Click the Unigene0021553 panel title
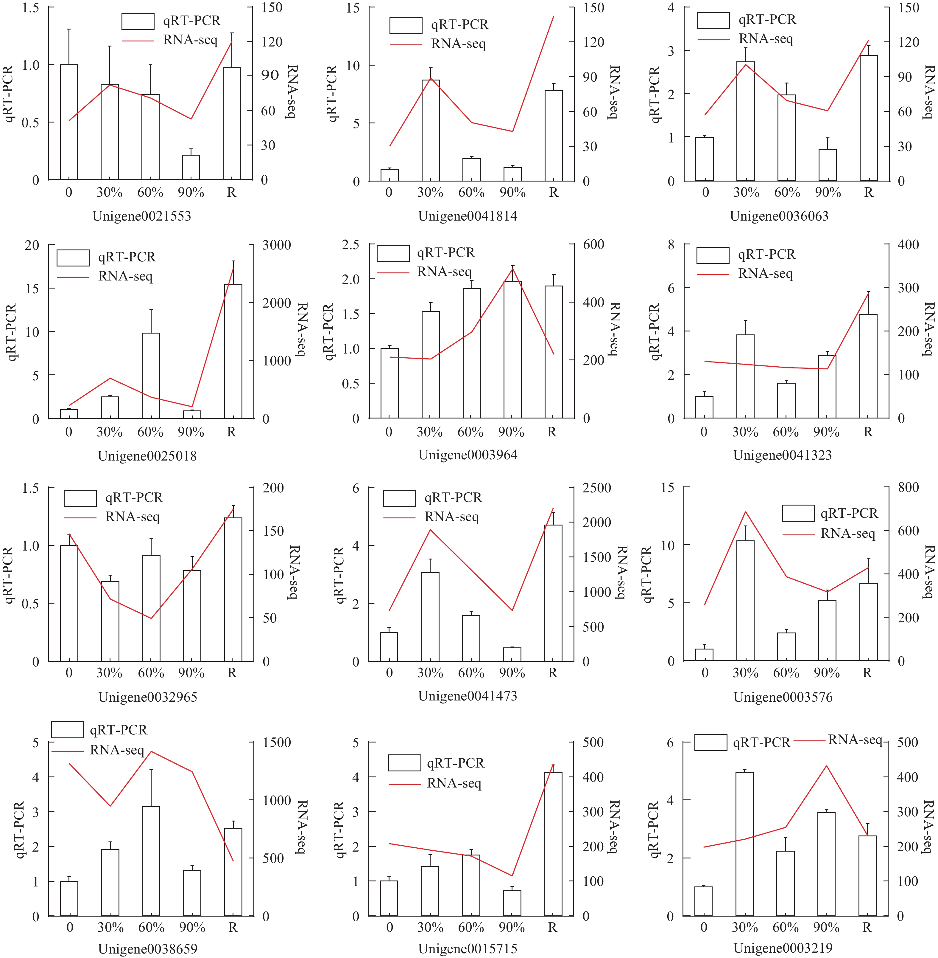[x=142, y=216]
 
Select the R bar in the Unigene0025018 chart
[x=233, y=351]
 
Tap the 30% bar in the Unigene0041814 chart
[x=431, y=130]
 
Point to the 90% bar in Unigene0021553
[x=191, y=167]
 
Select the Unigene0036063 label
[x=779, y=216]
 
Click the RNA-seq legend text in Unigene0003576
[x=848, y=534]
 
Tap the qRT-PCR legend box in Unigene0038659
[x=68, y=730]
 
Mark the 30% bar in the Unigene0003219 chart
[x=744, y=844]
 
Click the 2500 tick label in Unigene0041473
[x=596, y=488]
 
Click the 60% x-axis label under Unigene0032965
[x=151, y=673]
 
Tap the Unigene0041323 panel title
[x=782, y=455]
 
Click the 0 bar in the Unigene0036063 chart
[x=705, y=159]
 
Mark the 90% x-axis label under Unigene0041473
[x=512, y=673]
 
